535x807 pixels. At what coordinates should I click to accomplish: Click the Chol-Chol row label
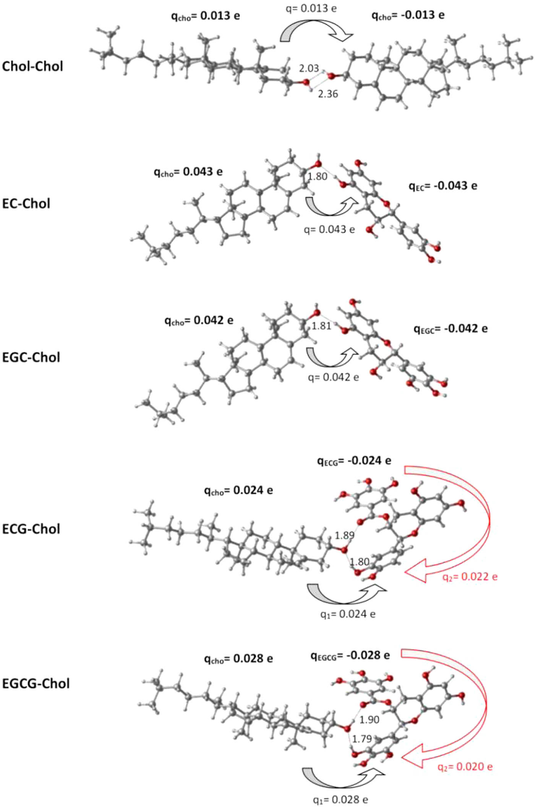[x=32, y=66]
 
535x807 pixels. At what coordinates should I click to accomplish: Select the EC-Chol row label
[x=26, y=204]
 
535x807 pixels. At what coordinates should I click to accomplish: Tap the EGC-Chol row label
[x=31, y=357]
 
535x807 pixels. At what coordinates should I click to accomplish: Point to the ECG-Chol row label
[x=31, y=529]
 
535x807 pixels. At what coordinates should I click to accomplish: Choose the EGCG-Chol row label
[x=36, y=684]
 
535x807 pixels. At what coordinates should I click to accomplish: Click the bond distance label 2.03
[x=308, y=68]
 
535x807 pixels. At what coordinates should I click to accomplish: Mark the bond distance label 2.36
[x=328, y=94]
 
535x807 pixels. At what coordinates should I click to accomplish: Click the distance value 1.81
[x=321, y=326]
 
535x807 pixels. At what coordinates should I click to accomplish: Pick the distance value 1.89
[x=344, y=536]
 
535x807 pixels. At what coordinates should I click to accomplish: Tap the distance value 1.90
[x=369, y=720]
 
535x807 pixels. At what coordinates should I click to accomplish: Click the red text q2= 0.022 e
[x=470, y=577]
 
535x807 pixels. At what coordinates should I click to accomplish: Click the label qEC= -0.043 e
[x=443, y=186]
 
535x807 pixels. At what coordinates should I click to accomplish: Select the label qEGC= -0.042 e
[x=451, y=329]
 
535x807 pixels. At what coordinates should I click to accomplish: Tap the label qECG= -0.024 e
[x=354, y=461]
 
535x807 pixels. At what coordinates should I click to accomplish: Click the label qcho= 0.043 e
[x=188, y=172]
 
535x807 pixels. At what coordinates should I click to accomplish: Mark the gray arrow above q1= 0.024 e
[x=346, y=594]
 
